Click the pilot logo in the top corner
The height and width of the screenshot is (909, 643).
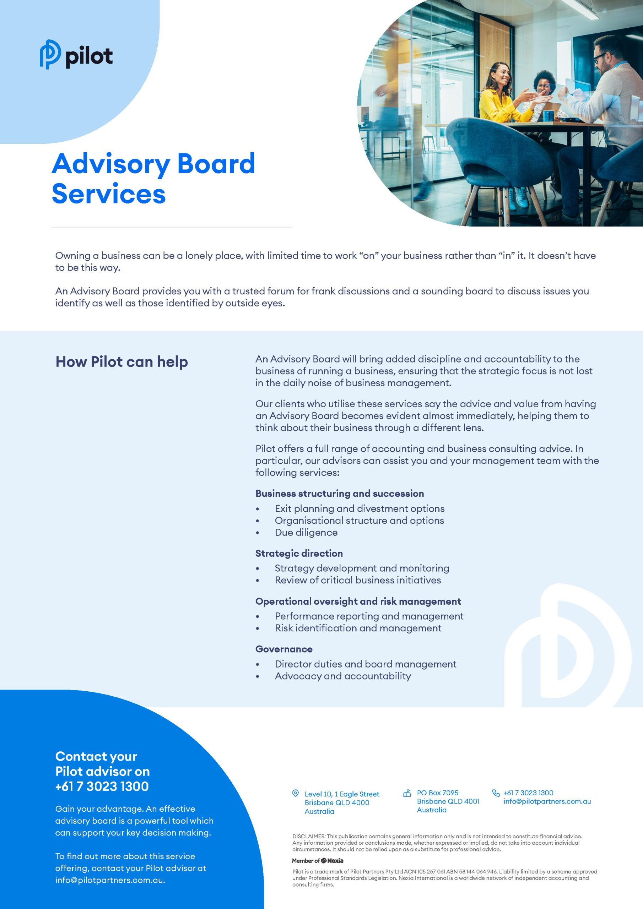(76, 55)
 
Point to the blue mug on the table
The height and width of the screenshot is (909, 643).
(548, 116)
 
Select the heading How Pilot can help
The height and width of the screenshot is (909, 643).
(121, 361)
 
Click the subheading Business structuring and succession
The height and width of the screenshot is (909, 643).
(340, 493)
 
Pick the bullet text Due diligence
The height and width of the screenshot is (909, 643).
(306, 533)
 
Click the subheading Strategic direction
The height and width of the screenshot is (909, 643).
(299, 553)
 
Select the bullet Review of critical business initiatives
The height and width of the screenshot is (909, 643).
(358, 580)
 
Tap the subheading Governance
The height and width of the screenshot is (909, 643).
(283, 649)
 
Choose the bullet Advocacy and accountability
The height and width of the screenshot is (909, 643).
(343, 676)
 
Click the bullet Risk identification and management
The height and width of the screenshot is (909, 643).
(358, 628)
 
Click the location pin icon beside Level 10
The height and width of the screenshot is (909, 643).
(295, 793)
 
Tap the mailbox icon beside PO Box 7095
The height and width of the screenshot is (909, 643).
(406, 793)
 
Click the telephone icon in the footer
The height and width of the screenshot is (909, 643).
(496, 793)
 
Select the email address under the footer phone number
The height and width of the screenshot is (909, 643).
(547, 801)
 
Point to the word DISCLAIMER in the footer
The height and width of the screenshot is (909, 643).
(309, 836)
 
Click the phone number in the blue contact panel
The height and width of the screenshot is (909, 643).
(102, 786)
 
